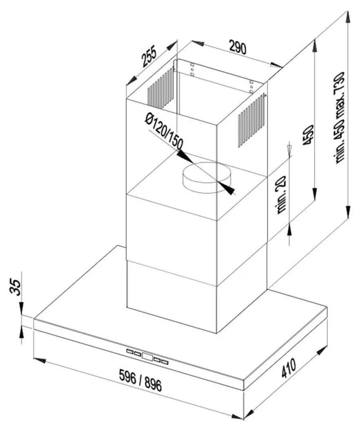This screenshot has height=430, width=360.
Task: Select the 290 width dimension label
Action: (x=238, y=47)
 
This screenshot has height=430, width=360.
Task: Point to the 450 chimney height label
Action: (x=308, y=135)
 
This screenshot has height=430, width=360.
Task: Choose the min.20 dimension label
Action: (x=282, y=195)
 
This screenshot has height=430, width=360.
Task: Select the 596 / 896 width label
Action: (x=140, y=380)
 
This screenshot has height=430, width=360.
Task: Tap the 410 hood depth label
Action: (x=289, y=368)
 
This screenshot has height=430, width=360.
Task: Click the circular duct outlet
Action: (x=207, y=178)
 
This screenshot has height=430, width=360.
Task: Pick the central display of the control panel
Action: (x=147, y=357)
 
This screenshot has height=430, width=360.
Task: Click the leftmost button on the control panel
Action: (x=129, y=351)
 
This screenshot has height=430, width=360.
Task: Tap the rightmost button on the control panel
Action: (x=164, y=363)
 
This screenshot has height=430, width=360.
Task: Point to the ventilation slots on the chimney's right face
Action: (x=252, y=120)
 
